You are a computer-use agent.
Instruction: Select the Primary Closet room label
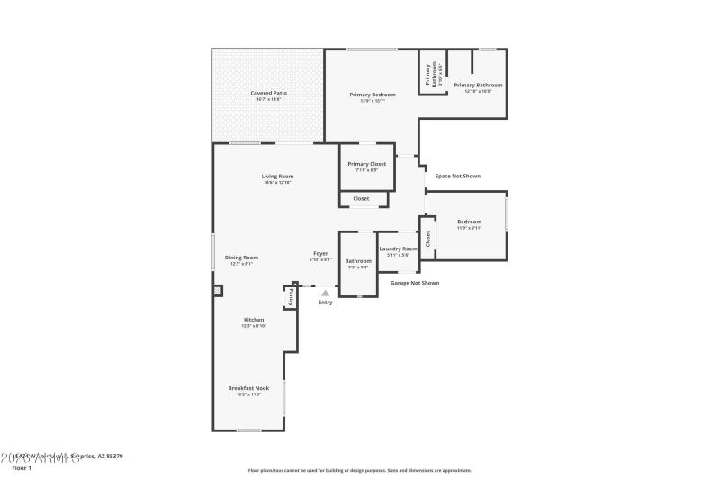click(x=366, y=166)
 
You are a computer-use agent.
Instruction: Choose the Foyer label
click(x=321, y=256)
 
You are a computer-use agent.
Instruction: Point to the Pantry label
click(x=291, y=297)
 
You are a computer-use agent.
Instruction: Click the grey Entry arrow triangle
click(x=326, y=292)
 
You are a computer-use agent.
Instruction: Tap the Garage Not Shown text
click(x=415, y=283)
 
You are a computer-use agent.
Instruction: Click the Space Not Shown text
click(x=457, y=176)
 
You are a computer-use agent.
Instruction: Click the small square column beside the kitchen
click(x=217, y=291)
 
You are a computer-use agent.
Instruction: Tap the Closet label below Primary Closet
click(x=361, y=198)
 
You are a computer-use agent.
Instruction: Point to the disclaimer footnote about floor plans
click(x=359, y=470)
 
